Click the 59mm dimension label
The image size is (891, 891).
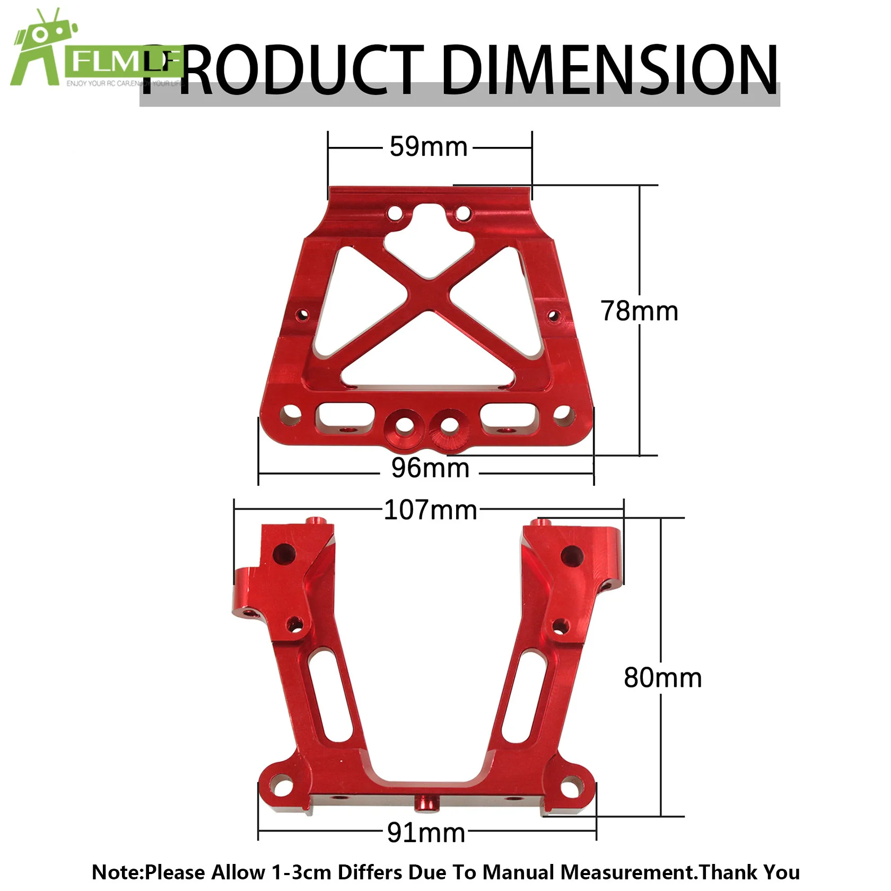pyautogui.click(x=429, y=147)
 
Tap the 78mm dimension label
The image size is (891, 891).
pyautogui.click(x=639, y=311)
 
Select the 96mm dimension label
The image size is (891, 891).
pyautogui.click(x=430, y=468)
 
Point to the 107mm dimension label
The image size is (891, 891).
pyautogui.click(x=430, y=510)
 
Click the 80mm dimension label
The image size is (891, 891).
pyautogui.click(x=662, y=678)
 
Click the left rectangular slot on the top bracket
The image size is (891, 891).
pyautogui.click(x=345, y=417)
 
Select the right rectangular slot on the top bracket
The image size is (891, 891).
pyautogui.click(x=509, y=417)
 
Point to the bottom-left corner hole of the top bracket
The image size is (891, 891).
pyautogui.click(x=290, y=412)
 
